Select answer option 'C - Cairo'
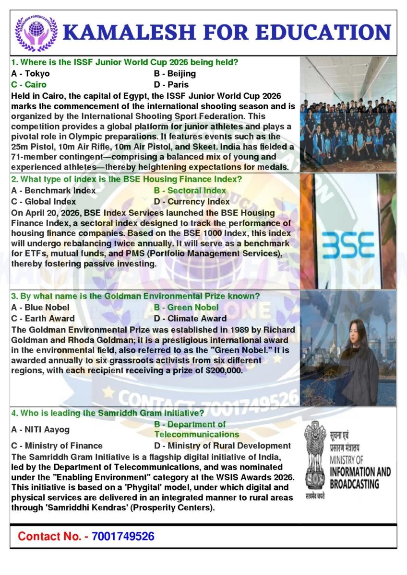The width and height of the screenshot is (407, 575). [x=29, y=85]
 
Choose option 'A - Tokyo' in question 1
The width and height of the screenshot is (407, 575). [x=30, y=74]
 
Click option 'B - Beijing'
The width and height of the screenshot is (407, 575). [x=175, y=74]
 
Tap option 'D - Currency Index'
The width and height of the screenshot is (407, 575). [x=192, y=202]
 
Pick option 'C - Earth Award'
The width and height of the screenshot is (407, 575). [x=43, y=319]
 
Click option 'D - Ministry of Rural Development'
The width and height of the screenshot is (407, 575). [x=222, y=446]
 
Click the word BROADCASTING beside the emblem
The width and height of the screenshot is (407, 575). [x=354, y=484]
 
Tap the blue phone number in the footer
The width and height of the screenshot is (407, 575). [x=123, y=536]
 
